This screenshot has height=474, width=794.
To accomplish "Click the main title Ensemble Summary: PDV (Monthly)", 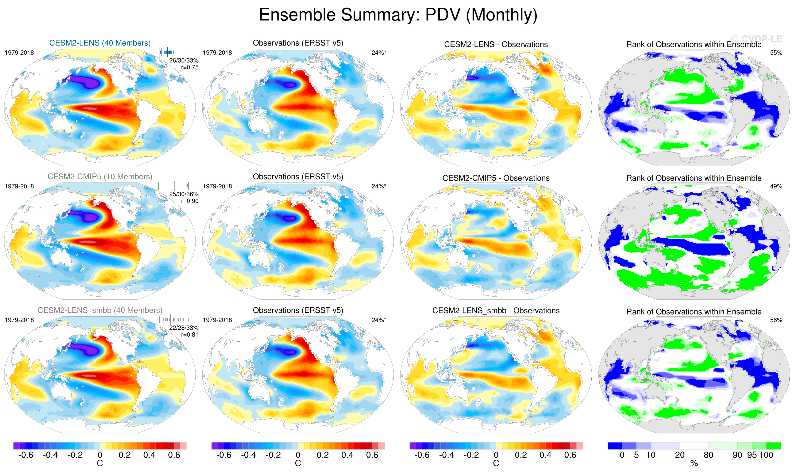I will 398,15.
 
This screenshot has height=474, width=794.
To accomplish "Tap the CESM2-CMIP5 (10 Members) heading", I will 100,177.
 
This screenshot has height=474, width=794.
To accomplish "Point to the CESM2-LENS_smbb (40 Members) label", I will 100,310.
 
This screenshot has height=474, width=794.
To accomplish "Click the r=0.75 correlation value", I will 190,67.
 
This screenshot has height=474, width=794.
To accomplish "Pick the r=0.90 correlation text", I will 190,201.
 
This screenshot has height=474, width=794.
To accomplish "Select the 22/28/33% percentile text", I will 184,328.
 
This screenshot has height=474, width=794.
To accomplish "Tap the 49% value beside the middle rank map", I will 776,186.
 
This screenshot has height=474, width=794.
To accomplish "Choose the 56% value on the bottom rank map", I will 776,320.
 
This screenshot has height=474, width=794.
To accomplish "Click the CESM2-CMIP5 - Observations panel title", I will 496,178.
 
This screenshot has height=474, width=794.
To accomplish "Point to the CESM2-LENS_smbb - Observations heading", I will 496,311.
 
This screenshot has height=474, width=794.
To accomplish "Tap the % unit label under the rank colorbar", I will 694,463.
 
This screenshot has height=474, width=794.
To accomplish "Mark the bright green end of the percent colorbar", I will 774,446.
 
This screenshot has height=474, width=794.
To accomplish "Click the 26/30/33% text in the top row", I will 184,60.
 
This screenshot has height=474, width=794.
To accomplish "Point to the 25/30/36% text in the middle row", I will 184,194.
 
